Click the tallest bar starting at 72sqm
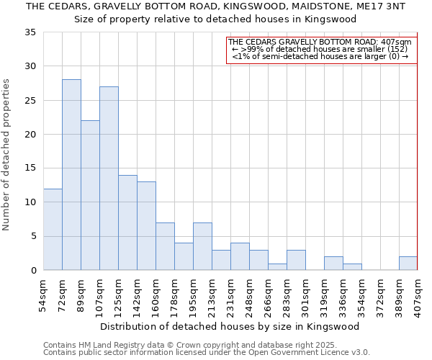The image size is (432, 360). pos(71,175)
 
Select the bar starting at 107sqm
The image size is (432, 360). pos(109,179)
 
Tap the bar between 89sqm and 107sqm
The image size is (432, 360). pos(90,195)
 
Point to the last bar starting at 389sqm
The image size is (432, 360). pos(408,264)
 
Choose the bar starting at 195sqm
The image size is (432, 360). pos(202,246)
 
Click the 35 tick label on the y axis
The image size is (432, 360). pos(30,32)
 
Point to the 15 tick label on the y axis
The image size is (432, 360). pos(30,168)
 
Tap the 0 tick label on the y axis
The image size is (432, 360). pos(32,271)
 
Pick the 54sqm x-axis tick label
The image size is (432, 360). pos(44,294)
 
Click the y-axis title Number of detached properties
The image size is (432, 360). pos(7,155)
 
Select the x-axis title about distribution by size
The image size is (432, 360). pos(230,326)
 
